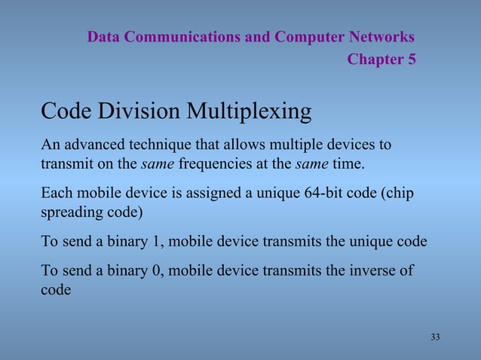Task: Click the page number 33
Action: tap(435, 337)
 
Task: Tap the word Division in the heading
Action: tap(139, 111)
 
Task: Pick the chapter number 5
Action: tap(411, 59)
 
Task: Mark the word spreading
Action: tap(69, 212)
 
